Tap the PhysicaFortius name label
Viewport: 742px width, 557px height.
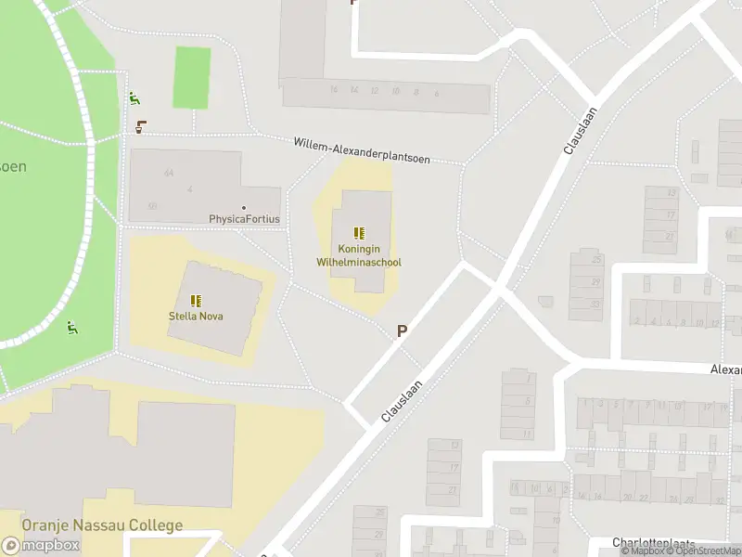point(244,219)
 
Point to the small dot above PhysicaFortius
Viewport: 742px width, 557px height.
point(244,208)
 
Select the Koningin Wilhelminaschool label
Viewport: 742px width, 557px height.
point(359,256)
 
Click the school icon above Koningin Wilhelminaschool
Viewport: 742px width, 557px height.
point(359,234)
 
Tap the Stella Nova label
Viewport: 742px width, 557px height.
point(196,316)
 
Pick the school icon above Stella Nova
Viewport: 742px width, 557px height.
point(196,300)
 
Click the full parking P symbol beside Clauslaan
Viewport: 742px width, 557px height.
point(403,330)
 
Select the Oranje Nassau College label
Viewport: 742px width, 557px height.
point(103,525)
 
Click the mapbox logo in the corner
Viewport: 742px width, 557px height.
point(41,546)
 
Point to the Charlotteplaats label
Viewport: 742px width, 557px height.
point(667,542)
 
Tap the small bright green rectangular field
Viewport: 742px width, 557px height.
point(192,77)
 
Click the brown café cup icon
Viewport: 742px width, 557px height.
point(140,127)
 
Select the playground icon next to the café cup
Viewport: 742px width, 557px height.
point(134,98)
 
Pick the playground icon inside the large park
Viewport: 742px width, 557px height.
point(71,327)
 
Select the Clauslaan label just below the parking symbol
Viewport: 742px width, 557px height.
point(402,401)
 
